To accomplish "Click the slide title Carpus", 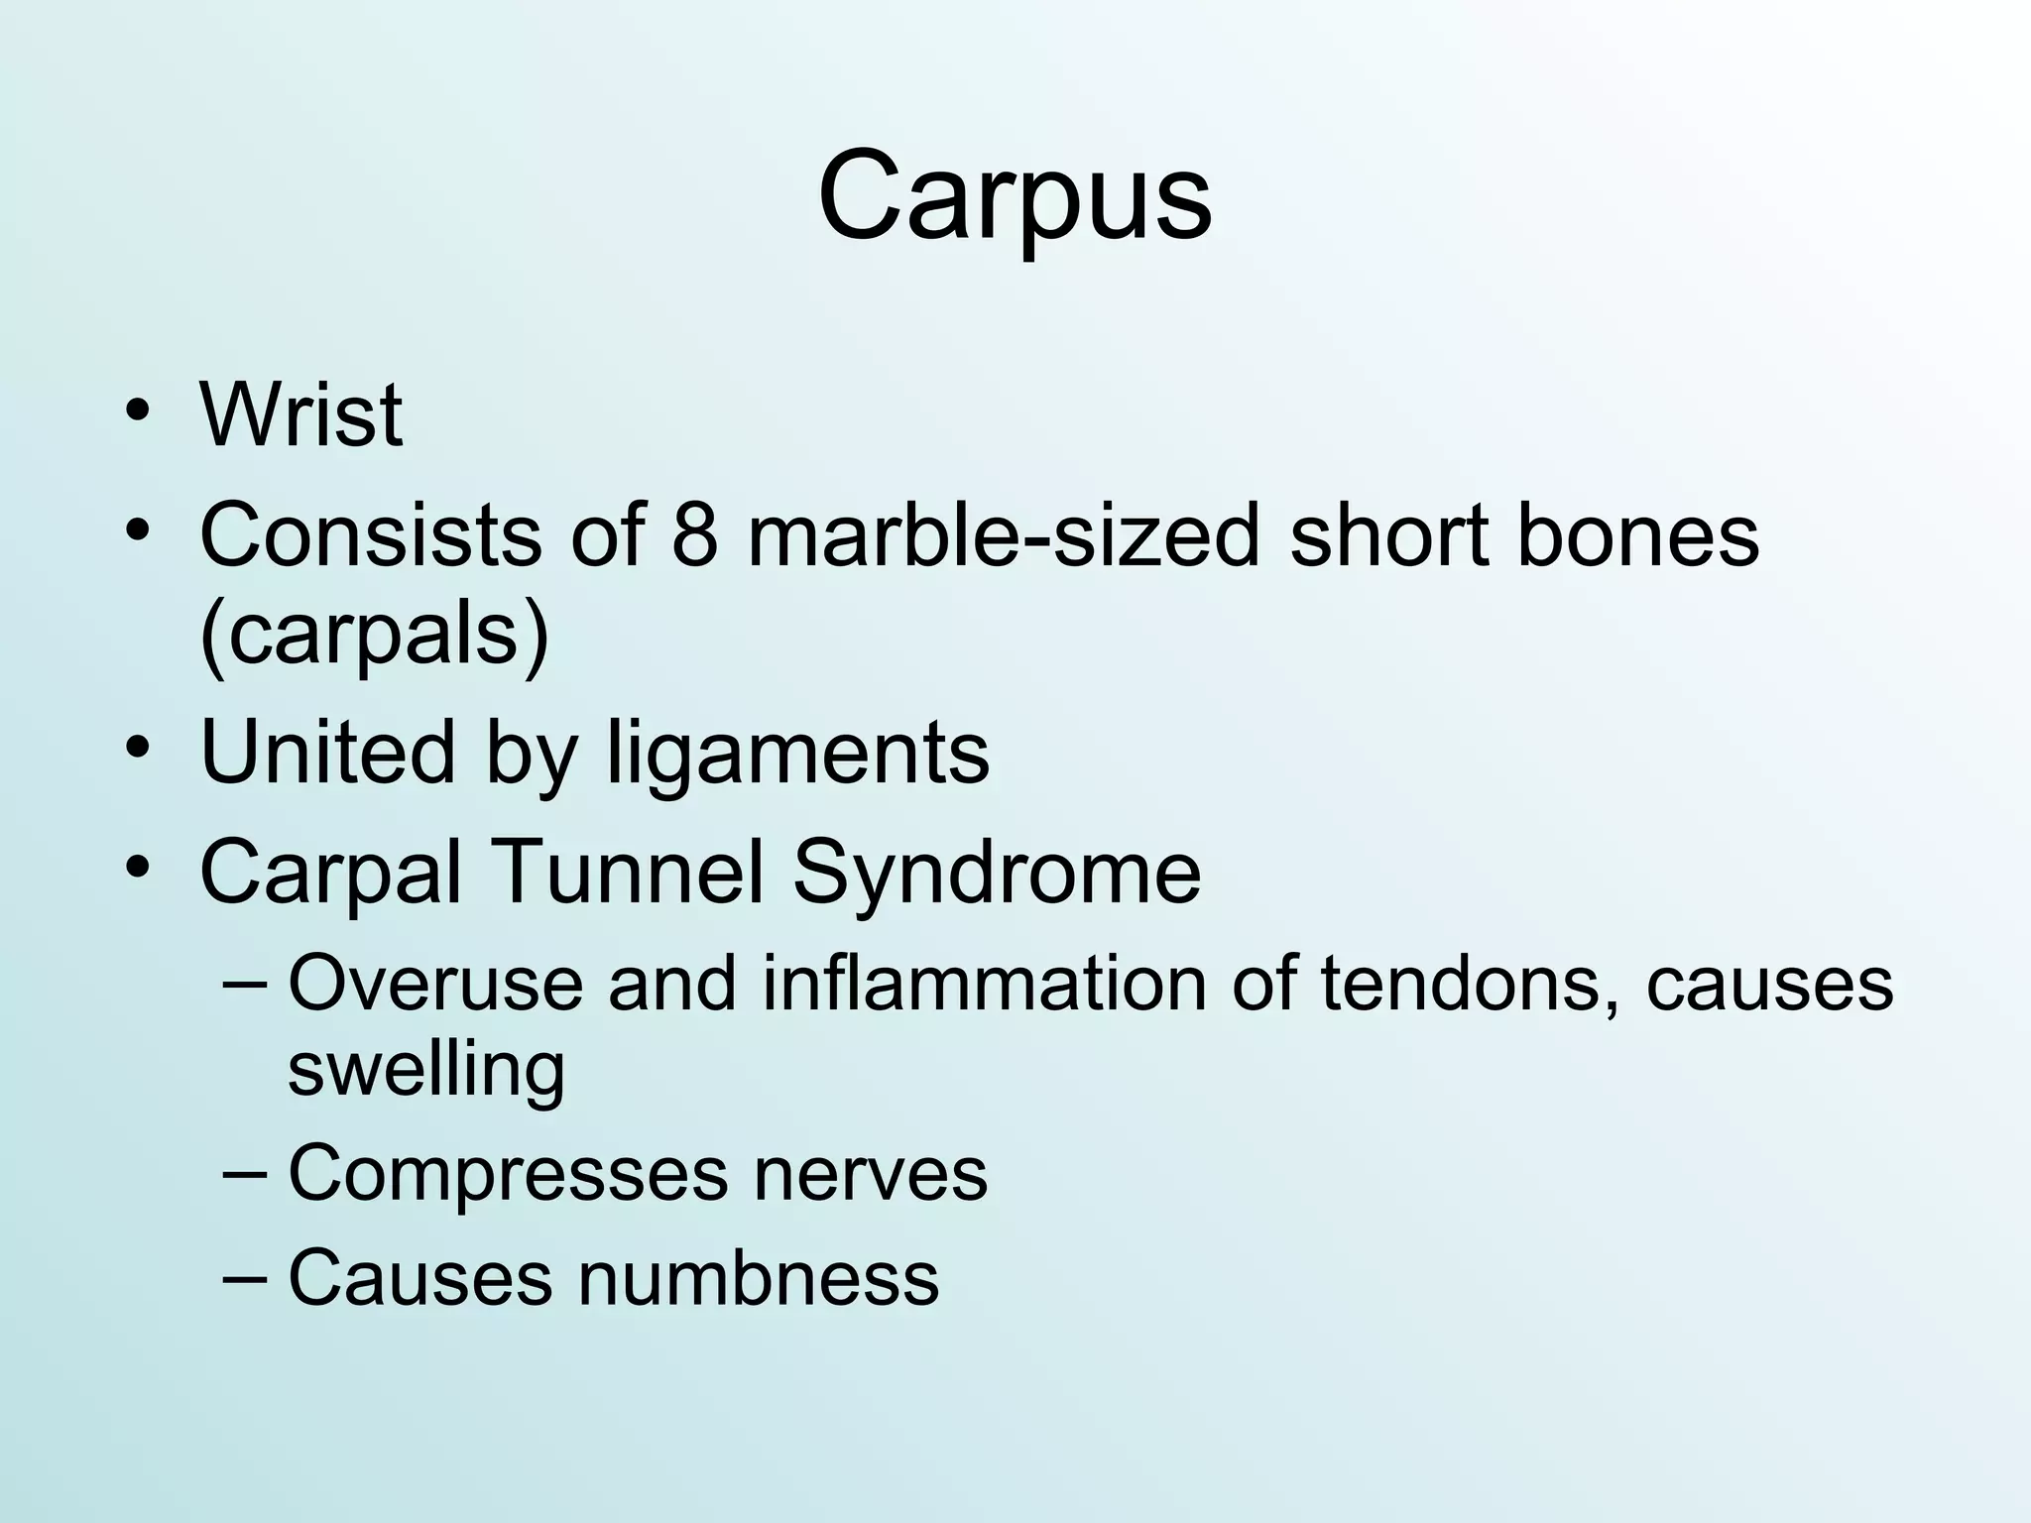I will [1015, 196].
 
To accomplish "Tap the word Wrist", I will [301, 414].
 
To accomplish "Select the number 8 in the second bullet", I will [694, 535].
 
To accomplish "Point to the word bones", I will [1637, 535].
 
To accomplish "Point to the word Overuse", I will [435, 984].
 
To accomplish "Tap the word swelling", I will [426, 1071].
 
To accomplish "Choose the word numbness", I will [759, 1279].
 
